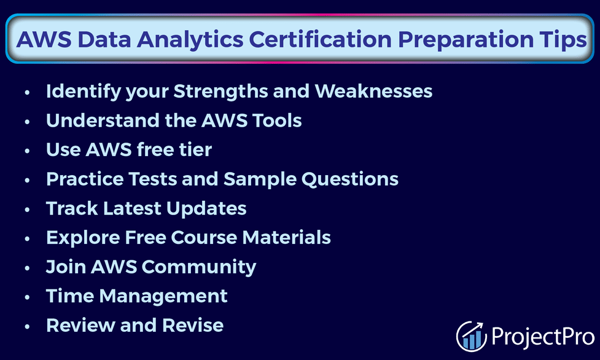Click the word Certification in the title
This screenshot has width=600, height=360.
tap(321, 39)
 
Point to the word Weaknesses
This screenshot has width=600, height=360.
tap(373, 91)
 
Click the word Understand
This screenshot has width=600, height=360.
tap(102, 120)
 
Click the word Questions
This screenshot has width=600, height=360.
tap(350, 179)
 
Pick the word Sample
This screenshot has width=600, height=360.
tap(260, 179)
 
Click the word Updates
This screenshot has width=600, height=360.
tap(206, 209)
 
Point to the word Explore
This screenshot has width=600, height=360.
tap(83, 238)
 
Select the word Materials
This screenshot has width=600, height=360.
tap(287, 238)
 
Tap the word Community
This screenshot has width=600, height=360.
tap(199, 267)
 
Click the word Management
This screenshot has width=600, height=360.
tap(163, 297)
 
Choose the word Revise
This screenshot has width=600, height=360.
tap(193, 325)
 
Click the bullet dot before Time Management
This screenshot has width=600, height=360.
tap(27, 297)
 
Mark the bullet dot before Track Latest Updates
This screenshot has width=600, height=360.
tap(27, 209)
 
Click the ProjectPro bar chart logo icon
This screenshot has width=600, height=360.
tap(472, 336)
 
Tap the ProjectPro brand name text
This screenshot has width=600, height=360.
tap(543, 336)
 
